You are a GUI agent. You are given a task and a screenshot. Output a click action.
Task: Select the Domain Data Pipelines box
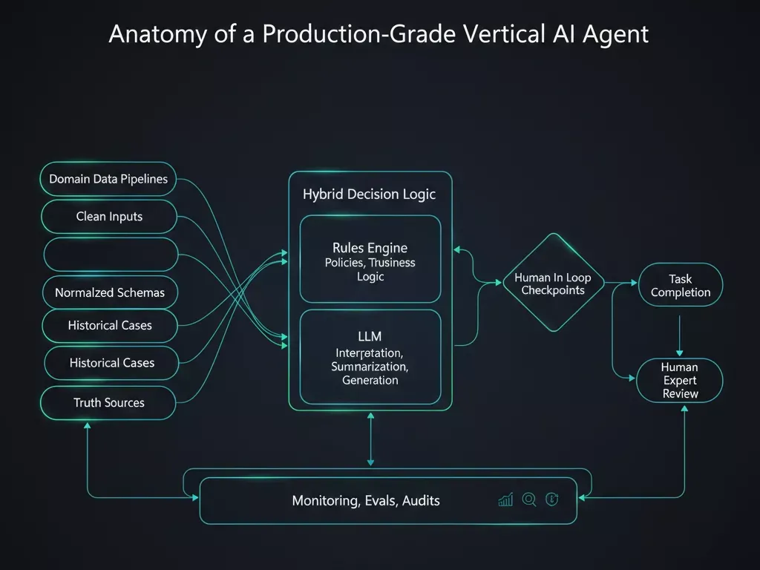(108, 179)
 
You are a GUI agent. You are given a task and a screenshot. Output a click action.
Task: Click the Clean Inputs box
(109, 217)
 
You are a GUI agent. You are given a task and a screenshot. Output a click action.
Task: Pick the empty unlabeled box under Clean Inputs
(111, 255)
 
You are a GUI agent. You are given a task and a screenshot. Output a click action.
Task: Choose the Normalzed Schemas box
(110, 292)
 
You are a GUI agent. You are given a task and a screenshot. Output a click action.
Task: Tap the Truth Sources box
(108, 402)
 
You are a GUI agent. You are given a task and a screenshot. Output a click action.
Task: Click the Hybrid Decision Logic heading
(369, 194)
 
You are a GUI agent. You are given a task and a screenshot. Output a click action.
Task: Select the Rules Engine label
(370, 248)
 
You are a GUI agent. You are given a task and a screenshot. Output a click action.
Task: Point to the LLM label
(370, 337)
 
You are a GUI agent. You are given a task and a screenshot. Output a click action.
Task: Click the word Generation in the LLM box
(370, 380)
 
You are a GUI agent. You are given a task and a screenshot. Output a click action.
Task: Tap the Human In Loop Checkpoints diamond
(553, 284)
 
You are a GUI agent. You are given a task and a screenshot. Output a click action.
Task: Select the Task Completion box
(680, 285)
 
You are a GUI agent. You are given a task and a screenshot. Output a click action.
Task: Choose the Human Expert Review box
(680, 380)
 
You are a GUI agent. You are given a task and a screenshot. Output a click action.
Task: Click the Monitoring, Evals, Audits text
(366, 501)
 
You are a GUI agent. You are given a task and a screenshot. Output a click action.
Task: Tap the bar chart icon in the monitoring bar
(505, 500)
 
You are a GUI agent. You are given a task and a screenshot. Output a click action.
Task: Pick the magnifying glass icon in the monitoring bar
(529, 500)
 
